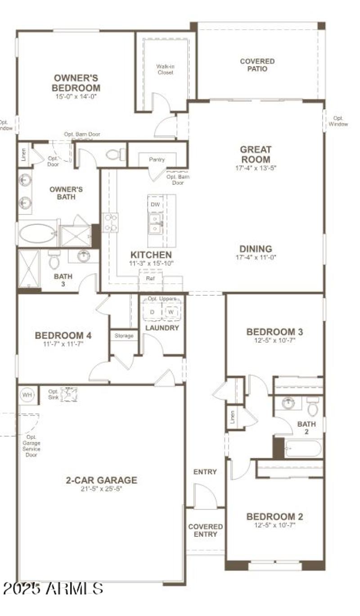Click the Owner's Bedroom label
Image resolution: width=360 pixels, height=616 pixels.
tap(76, 83)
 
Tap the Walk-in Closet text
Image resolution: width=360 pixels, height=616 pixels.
tap(165, 69)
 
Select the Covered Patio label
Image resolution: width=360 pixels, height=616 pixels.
tap(257, 65)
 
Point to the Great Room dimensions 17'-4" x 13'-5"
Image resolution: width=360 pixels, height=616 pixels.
tap(255, 168)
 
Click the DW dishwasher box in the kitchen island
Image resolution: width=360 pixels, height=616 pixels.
tap(155, 205)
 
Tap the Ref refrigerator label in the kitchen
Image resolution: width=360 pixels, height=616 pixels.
tap(150, 278)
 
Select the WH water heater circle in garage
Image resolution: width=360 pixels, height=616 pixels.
tap(27, 395)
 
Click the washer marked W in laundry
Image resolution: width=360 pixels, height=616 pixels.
tap(171, 312)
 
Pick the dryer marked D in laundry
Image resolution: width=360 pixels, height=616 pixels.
tap(152, 312)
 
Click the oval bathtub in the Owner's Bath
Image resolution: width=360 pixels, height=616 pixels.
tap(38, 234)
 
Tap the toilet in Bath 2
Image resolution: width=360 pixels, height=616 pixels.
tap(312, 407)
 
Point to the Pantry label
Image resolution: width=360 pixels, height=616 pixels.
tap(157, 160)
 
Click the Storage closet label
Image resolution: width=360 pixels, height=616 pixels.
tap(124, 335)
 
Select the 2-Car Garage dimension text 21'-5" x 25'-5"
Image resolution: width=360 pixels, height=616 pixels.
tap(101, 489)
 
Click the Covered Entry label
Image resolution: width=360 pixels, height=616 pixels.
tap(205, 530)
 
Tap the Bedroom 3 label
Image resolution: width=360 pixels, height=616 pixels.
tap(274, 332)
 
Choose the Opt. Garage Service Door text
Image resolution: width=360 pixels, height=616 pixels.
tap(31, 446)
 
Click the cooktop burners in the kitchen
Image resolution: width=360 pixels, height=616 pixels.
tap(110, 222)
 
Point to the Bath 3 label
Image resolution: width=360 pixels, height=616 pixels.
tap(63, 280)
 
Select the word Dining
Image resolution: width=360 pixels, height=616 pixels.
tap(256, 249)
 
